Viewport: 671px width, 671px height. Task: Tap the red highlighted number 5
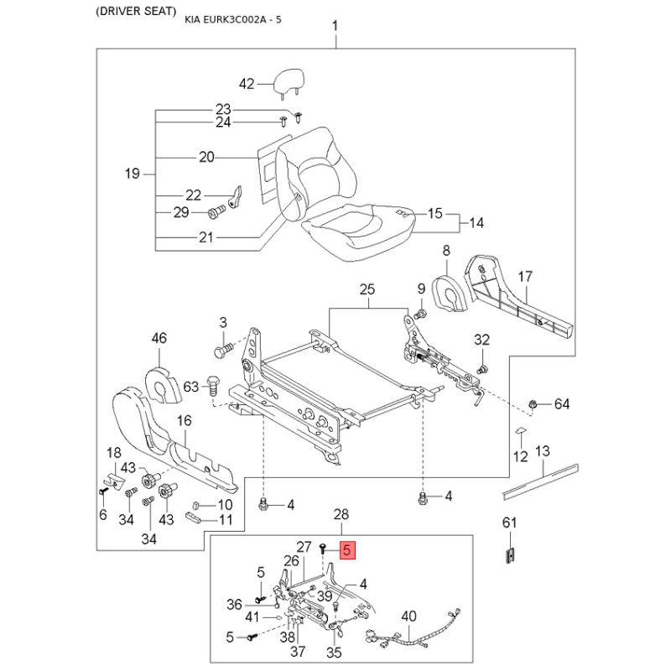[x=347, y=550]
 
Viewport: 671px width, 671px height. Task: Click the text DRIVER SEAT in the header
[x=136, y=12]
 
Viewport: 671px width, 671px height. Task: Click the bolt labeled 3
[x=223, y=351]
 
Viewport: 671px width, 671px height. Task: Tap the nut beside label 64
[x=533, y=404]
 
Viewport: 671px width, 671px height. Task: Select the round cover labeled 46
[x=163, y=385]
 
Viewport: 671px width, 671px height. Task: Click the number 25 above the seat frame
[x=367, y=289]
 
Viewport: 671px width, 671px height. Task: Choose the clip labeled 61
[x=510, y=555]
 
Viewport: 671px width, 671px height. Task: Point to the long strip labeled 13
[x=540, y=481]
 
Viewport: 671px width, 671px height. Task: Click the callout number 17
[x=525, y=277]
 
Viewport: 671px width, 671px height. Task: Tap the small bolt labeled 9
[x=421, y=315]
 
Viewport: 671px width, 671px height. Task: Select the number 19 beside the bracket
[x=133, y=174]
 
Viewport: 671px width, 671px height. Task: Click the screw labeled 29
[x=217, y=212]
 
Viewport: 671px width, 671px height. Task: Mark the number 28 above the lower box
[x=341, y=514]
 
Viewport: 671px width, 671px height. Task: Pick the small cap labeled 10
[x=197, y=505]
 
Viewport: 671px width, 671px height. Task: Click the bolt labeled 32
[x=483, y=369]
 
